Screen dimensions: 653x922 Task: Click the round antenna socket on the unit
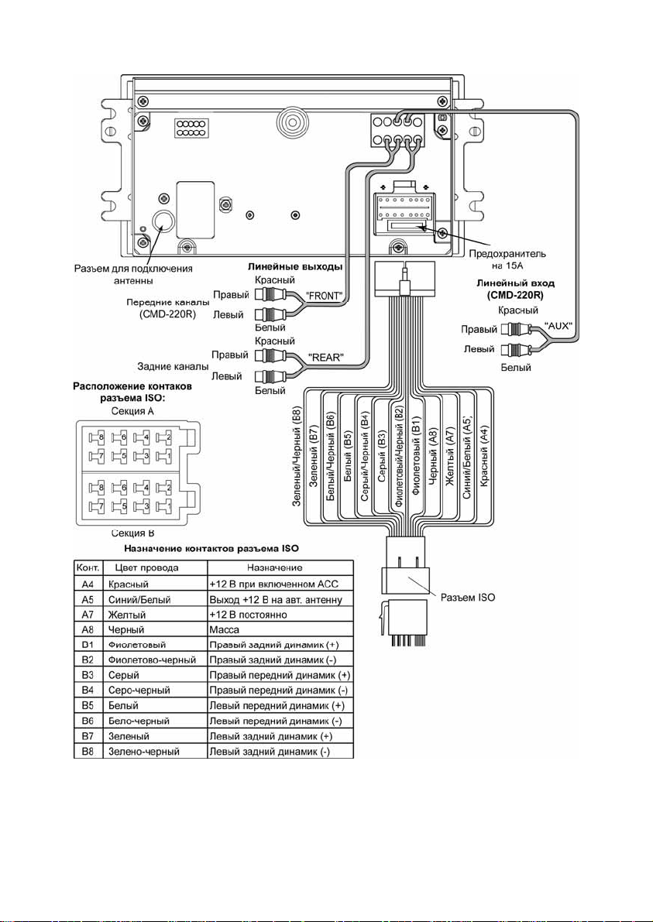(x=161, y=221)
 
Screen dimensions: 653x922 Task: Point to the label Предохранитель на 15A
(x=507, y=259)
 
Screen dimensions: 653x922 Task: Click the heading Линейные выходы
(x=294, y=266)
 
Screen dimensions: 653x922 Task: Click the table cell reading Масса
(x=224, y=629)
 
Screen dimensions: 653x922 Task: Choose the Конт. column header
(x=88, y=567)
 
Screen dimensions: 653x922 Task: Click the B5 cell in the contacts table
(x=88, y=705)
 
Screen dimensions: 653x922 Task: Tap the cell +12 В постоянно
(x=250, y=615)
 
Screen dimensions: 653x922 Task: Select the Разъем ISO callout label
(x=469, y=598)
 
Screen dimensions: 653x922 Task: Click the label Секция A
(x=132, y=411)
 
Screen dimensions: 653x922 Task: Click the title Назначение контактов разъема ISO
(x=211, y=549)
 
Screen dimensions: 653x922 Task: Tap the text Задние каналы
(x=173, y=366)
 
